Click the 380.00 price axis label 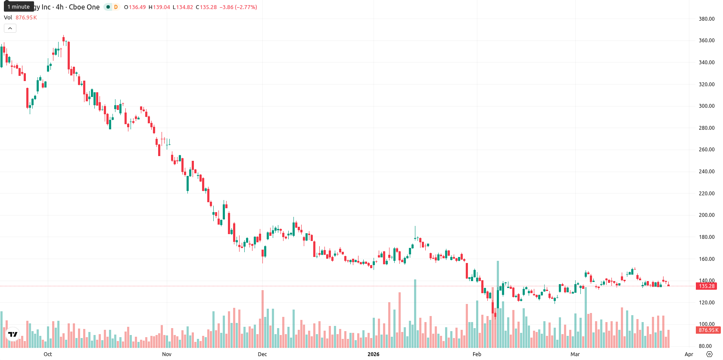coord(707,19)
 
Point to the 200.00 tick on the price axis coord(707,215)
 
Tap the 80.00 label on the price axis coord(708,346)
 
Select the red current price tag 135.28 coord(707,286)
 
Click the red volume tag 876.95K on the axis coord(708,330)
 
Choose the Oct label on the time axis coord(48,354)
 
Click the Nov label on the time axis coord(167,354)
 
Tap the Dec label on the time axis coord(262,354)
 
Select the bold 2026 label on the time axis coord(374,354)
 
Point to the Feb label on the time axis coord(477,354)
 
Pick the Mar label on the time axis coord(575,354)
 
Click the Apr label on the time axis coord(689,354)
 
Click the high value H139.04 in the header coord(159,7)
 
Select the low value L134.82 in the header coord(183,7)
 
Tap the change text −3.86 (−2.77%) coord(238,7)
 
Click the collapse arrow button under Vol coord(10,28)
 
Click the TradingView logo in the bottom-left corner coord(13,334)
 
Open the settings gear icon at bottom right coord(709,354)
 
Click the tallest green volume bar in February coord(498,304)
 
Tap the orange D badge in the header coord(115,7)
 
